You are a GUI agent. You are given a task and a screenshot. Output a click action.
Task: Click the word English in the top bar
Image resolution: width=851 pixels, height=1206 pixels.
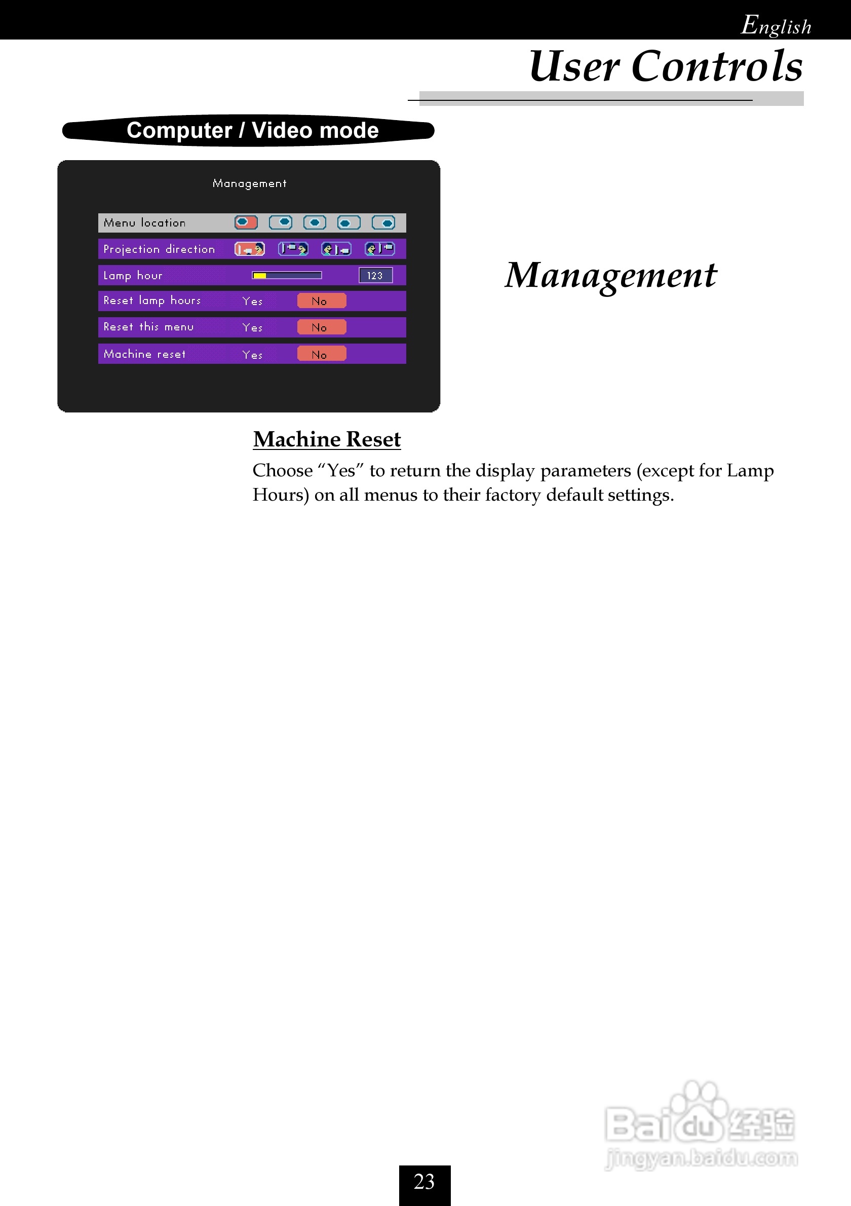776,25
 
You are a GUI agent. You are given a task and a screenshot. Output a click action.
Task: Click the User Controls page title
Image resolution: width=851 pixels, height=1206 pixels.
665,66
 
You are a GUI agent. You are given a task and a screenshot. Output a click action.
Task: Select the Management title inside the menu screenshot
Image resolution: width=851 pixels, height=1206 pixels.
249,183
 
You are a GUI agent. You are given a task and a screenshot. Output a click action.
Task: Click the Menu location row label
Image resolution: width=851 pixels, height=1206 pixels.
144,223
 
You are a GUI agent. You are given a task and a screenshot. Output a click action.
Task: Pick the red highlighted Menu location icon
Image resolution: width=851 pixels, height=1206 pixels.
246,223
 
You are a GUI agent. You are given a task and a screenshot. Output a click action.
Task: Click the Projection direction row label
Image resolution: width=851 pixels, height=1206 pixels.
159,249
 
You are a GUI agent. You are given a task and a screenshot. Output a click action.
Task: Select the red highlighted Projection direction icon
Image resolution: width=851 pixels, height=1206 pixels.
249,249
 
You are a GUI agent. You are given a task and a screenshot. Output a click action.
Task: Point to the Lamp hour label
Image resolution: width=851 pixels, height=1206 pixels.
133,275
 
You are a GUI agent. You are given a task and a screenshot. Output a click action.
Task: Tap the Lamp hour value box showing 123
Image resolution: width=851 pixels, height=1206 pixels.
375,275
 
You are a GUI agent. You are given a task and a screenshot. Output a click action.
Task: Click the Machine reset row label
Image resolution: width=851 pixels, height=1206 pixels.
144,354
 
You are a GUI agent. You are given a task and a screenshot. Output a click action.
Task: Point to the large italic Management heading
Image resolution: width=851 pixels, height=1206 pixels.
610,275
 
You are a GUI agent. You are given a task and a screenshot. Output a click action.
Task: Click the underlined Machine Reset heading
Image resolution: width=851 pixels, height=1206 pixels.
327,439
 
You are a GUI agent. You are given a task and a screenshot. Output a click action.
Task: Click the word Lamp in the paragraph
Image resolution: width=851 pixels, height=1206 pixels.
750,471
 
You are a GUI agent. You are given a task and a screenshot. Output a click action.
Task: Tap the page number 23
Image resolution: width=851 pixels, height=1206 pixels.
424,1181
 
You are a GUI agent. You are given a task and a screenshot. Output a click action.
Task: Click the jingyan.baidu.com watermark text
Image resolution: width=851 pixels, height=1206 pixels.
702,1157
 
